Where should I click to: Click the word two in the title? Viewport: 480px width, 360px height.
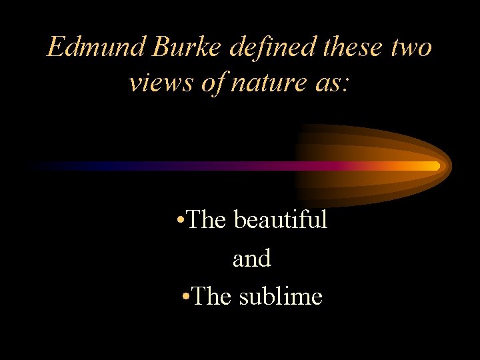click(x=410, y=48)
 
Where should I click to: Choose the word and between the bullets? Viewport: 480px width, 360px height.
click(x=252, y=258)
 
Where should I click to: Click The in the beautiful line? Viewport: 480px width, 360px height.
click(x=207, y=219)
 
